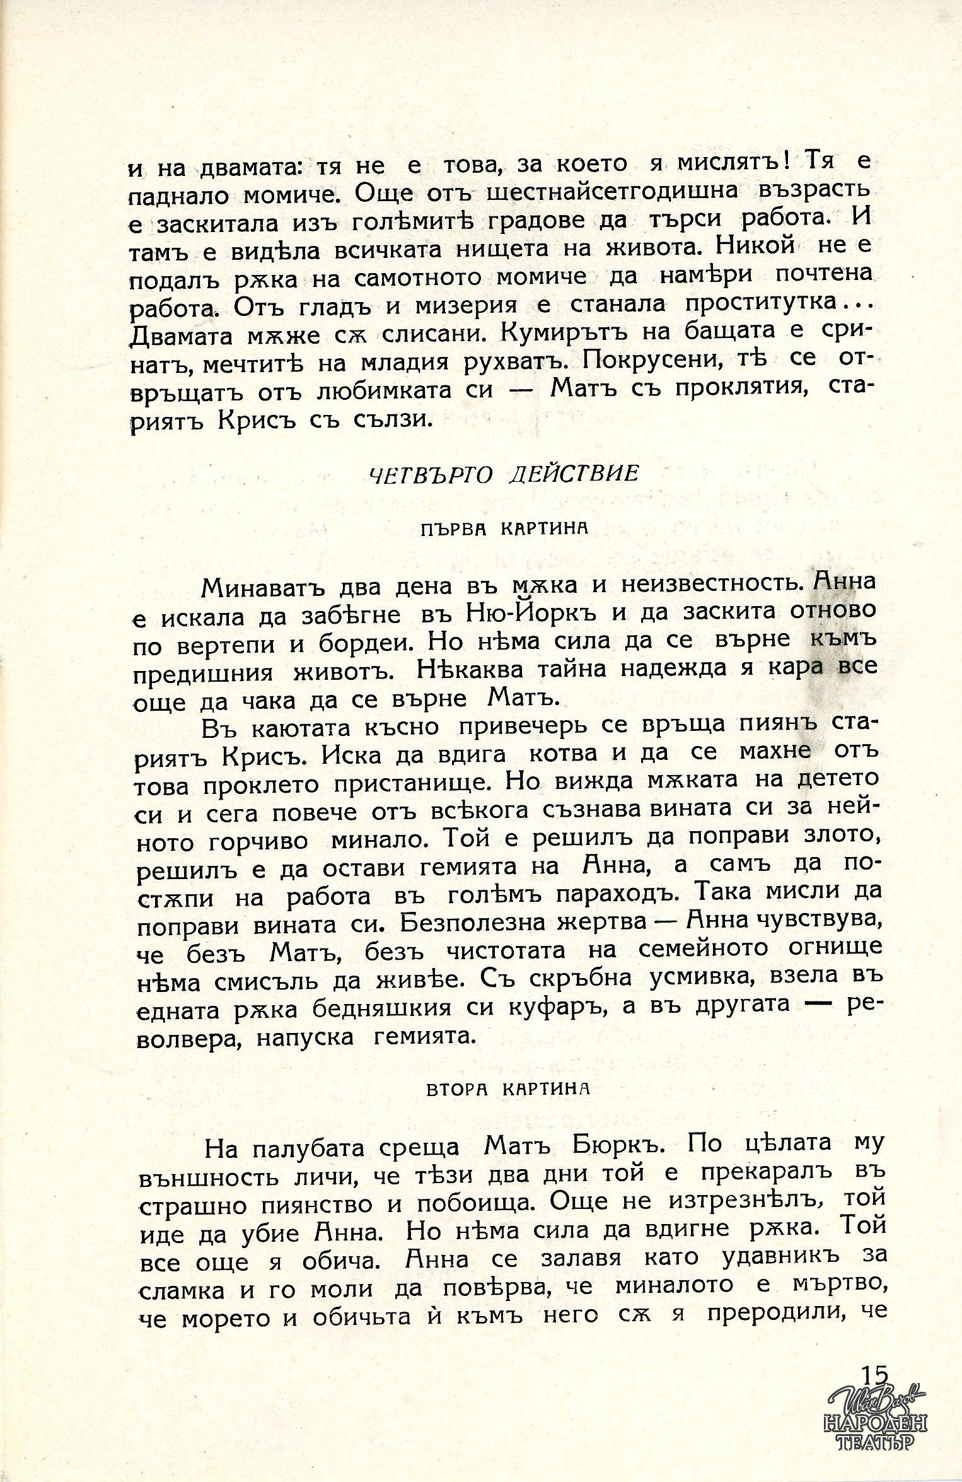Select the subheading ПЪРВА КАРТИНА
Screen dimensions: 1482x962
click(503, 528)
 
